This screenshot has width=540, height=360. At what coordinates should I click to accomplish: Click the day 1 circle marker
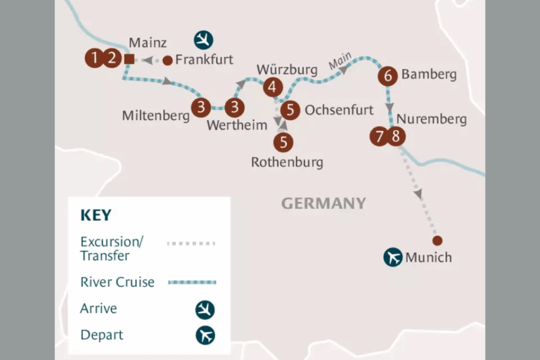[94, 58]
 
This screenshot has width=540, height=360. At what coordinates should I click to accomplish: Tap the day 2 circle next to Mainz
[112, 58]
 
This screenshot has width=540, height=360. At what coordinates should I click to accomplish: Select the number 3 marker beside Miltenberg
[201, 108]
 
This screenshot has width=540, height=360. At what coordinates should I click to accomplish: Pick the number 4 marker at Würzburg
[273, 86]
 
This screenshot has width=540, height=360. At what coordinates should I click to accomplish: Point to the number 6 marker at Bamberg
[387, 76]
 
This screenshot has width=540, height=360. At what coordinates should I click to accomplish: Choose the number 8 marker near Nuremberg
[397, 136]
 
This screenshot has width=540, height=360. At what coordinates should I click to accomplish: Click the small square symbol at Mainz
[129, 59]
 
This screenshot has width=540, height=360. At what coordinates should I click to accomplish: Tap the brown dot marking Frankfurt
[167, 60]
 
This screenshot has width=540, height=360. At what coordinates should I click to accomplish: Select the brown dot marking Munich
[437, 240]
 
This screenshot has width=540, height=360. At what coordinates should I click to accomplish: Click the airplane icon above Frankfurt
[204, 39]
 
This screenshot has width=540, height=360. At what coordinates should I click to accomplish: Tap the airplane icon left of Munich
[392, 257]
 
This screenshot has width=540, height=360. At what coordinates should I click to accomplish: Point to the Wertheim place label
[237, 126]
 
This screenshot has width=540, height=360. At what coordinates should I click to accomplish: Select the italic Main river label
[339, 65]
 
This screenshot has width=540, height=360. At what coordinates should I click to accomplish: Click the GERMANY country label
[323, 203]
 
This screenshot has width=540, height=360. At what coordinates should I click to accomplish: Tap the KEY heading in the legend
[96, 215]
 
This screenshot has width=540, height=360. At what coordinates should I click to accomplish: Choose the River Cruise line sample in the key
[192, 282]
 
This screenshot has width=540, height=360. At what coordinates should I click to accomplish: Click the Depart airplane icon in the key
[205, 335]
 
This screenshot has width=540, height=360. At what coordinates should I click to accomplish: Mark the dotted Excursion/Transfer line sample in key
[191, 244]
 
